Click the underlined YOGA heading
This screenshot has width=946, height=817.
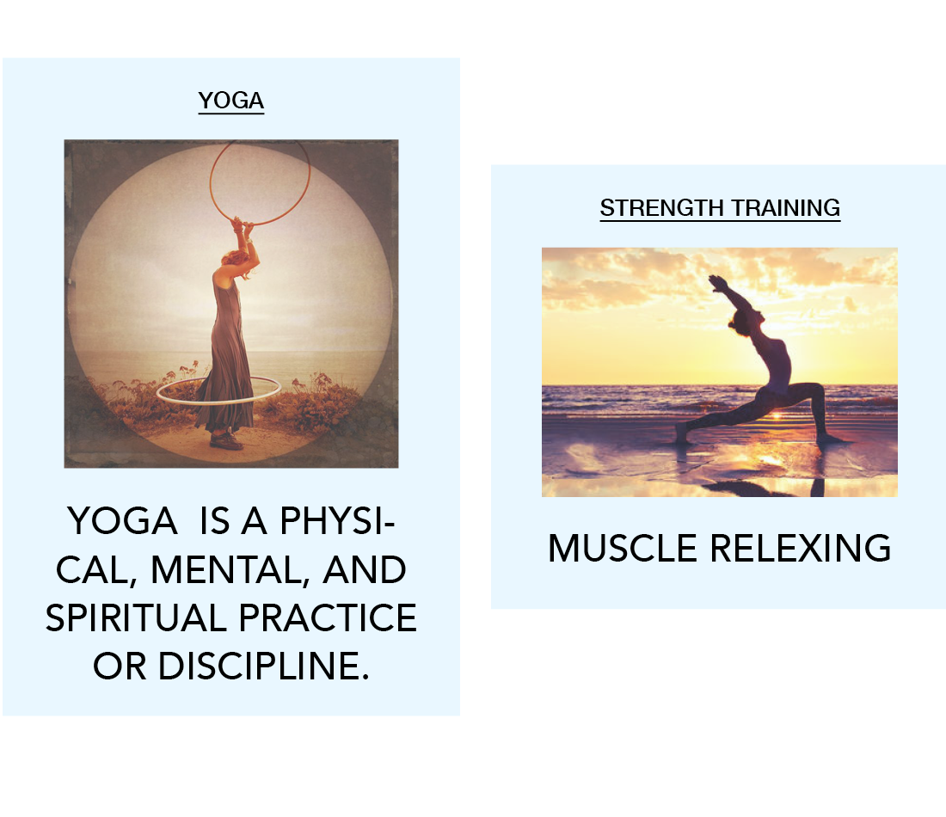(231, 100)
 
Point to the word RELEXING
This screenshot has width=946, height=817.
(800, 548)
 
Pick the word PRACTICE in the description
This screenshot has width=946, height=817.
(328, 617)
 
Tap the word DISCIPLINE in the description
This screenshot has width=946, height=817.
(263, 666)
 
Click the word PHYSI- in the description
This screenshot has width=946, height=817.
(338, 521)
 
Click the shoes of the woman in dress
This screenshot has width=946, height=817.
(225, 441)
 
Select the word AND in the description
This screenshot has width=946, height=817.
(365, 569)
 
